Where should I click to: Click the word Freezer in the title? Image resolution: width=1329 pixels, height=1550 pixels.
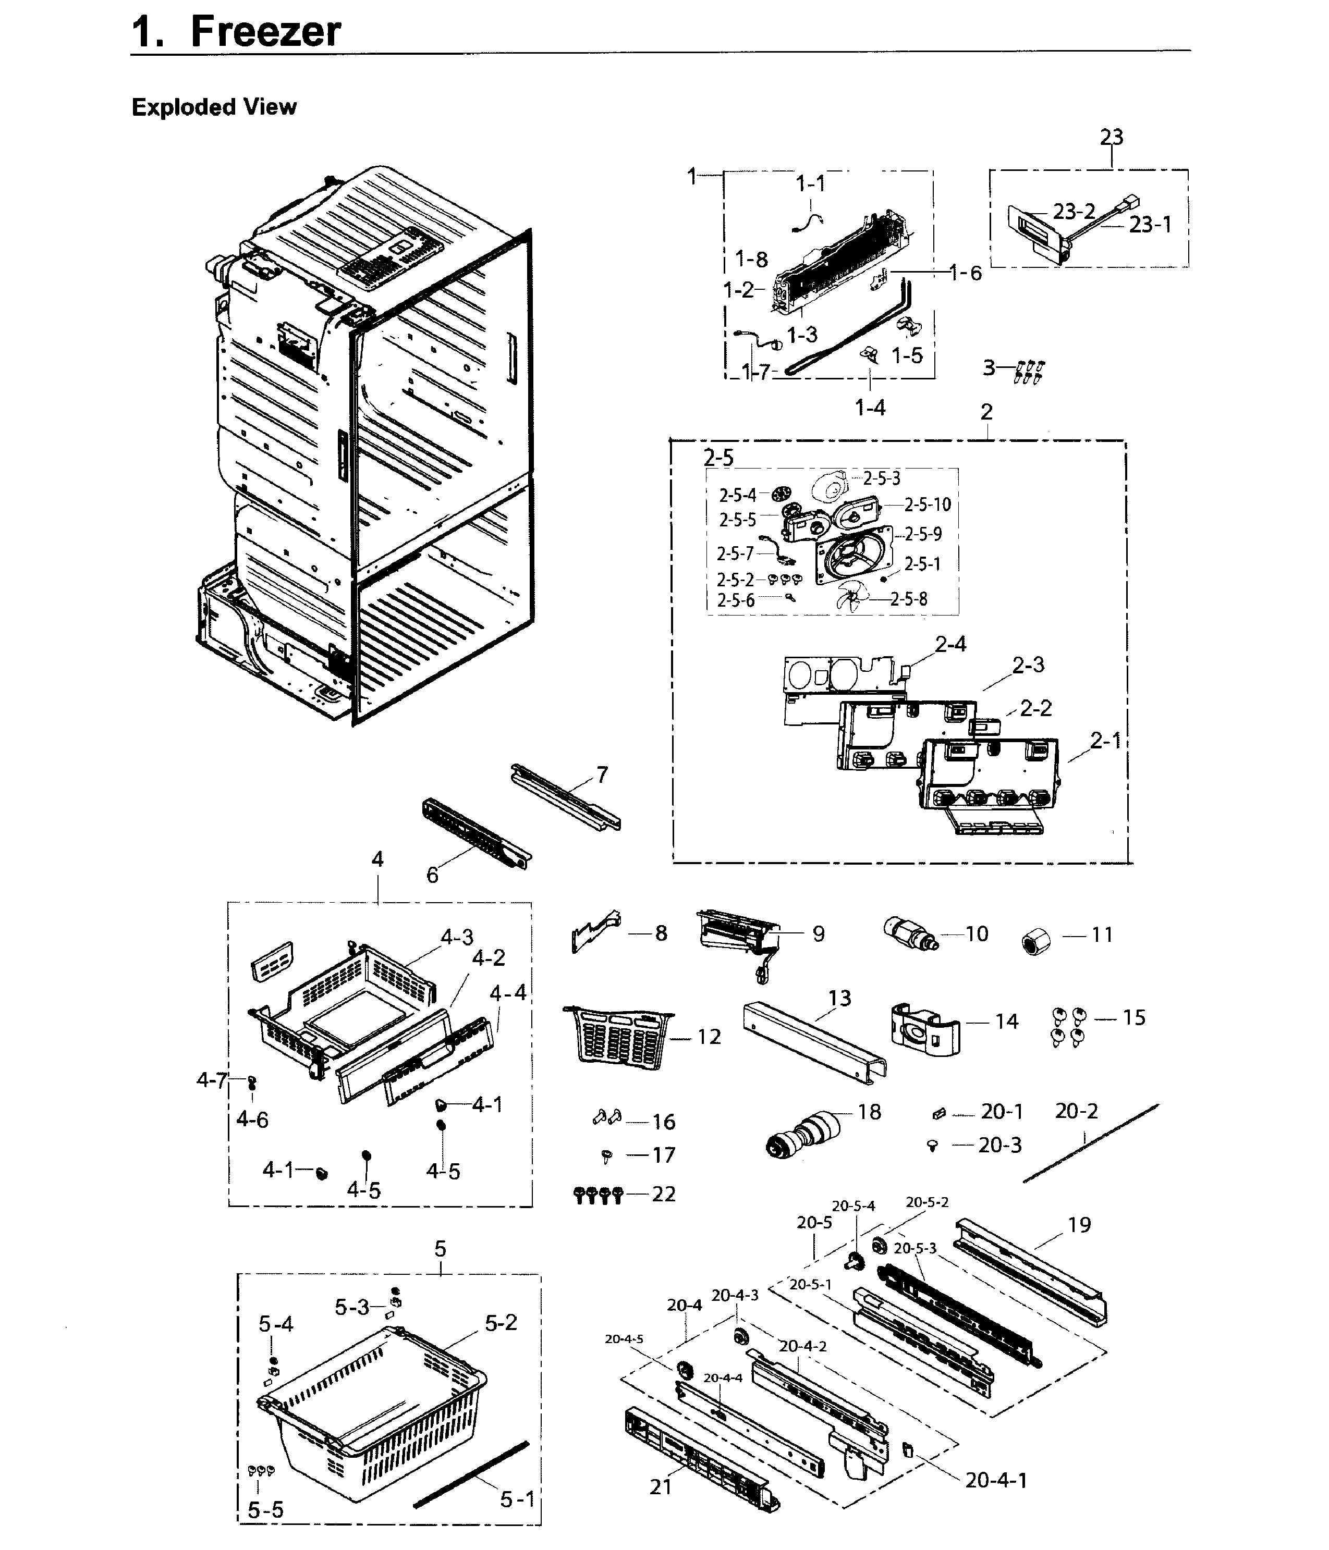(266, 32)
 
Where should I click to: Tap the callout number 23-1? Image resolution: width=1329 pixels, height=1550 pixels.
(1150, 225)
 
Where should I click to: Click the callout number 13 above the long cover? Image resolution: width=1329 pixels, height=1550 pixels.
(839, 998)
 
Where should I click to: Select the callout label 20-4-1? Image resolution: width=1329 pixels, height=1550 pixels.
(996, 1480)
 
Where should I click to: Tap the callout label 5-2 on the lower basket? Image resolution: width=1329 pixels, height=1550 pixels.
(501, 1323)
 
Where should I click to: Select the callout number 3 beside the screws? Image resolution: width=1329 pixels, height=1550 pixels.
(989, 367)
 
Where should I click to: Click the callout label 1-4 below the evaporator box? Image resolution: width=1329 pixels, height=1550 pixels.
(870, 408)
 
